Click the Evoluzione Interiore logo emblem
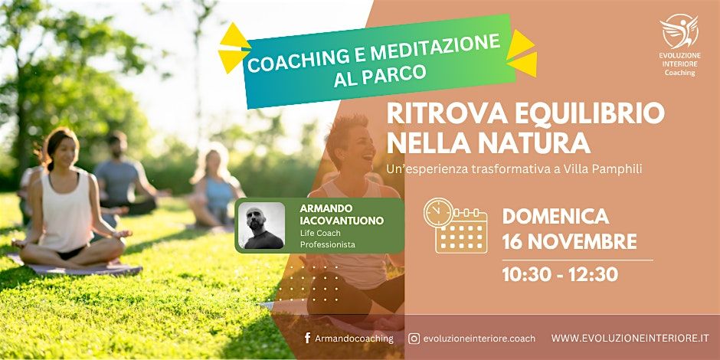coord(679,31)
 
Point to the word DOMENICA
coord(555,217)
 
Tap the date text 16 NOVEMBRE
coord(569,242)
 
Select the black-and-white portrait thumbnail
coord(261,225)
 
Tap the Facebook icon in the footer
coord(307,338)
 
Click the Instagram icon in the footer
coord(414,338)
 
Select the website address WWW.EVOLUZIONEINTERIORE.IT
coord(630,338)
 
